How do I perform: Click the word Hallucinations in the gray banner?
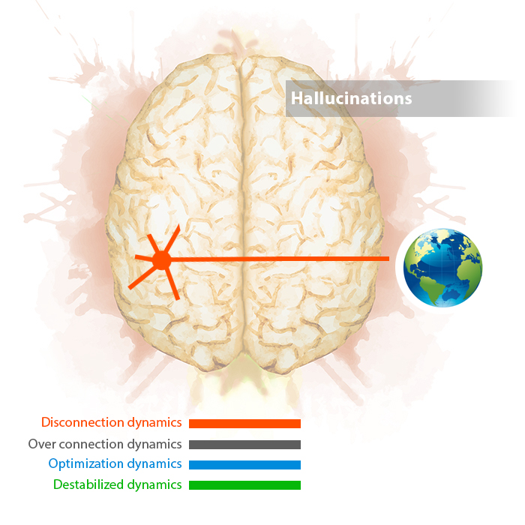click(x=351, y=98)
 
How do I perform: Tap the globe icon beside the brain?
click(x=442, y=268)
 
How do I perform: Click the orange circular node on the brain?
click(x=162, y=259)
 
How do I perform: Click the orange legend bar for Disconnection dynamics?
click(x=244, y=424)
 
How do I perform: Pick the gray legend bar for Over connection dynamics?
click(x=244, y=445)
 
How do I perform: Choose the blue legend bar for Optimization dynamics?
click(x=244, y=465)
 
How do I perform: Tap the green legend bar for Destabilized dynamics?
click(x=244, y=485)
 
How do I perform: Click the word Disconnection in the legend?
click(x=82, y=422)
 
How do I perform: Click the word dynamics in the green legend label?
click(x=154, y=485)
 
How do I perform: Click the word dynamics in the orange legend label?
click(x=154, y=423)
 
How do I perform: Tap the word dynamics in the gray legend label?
click(x=154, y=445)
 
